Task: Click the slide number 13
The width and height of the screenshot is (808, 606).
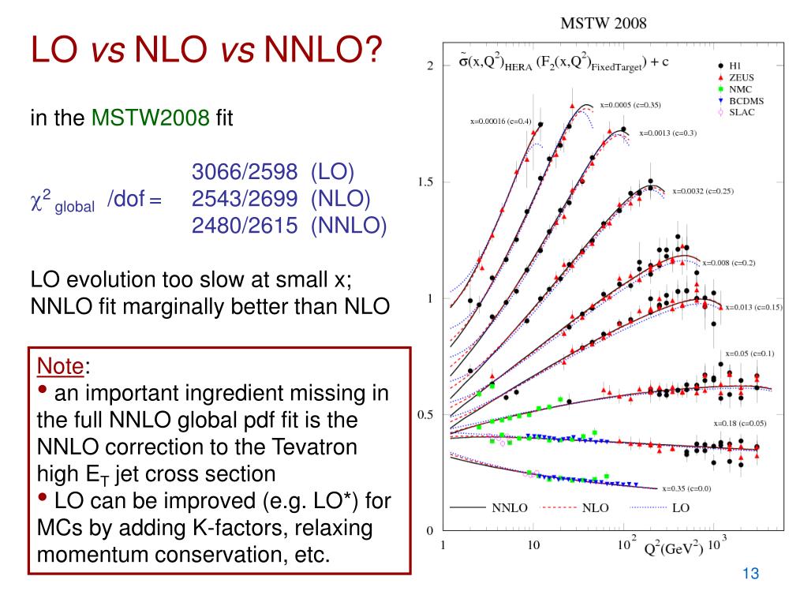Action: (750, 574)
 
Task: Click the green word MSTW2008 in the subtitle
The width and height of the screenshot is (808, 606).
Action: (151, 119)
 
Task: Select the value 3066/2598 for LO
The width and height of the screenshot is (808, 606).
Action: (245, 173)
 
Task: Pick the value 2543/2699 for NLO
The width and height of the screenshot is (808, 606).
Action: (245, 200)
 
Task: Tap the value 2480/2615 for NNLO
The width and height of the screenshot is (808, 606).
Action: (245, 226)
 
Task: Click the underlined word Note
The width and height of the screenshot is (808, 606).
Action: (62, 366)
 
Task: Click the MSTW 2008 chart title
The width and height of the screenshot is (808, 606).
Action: (603, 23)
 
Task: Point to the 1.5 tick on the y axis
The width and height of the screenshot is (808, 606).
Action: (426, 182)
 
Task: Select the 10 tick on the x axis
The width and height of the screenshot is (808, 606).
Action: (533, 544)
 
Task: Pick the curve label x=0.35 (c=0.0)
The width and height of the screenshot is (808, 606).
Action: (686, 488)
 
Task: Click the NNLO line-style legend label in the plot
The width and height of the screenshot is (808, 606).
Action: (510, 507)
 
